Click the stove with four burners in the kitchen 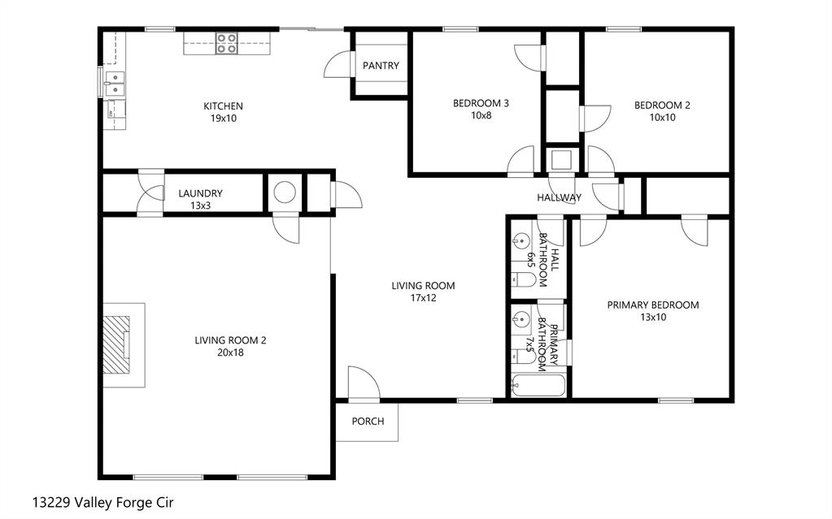pyautogui.click(x=226, y=43)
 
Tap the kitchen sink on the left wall pyautogui.click(x=115, y=82)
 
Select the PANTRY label pyautogui.click(x=381, y=66)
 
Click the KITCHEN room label pyautogui.click(x=223, y=106)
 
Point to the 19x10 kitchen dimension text pyautogui.click(x=223, y=119)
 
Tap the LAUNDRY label pyautogui.click(x=200, y=193)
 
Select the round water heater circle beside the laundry pyautogui.click(x=285, y=192)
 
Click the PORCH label pyautogui.click(x=367, y=422)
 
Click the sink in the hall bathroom pyautogui.click(x=522, y=240)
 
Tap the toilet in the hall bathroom pyautogui.click(x=525, y=280)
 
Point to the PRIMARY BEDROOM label pyautogui.click(x=652, y=305)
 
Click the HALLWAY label pyautogui.click(x=559, y=197)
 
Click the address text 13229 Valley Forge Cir pyautogui.click(x=102, y=503)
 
